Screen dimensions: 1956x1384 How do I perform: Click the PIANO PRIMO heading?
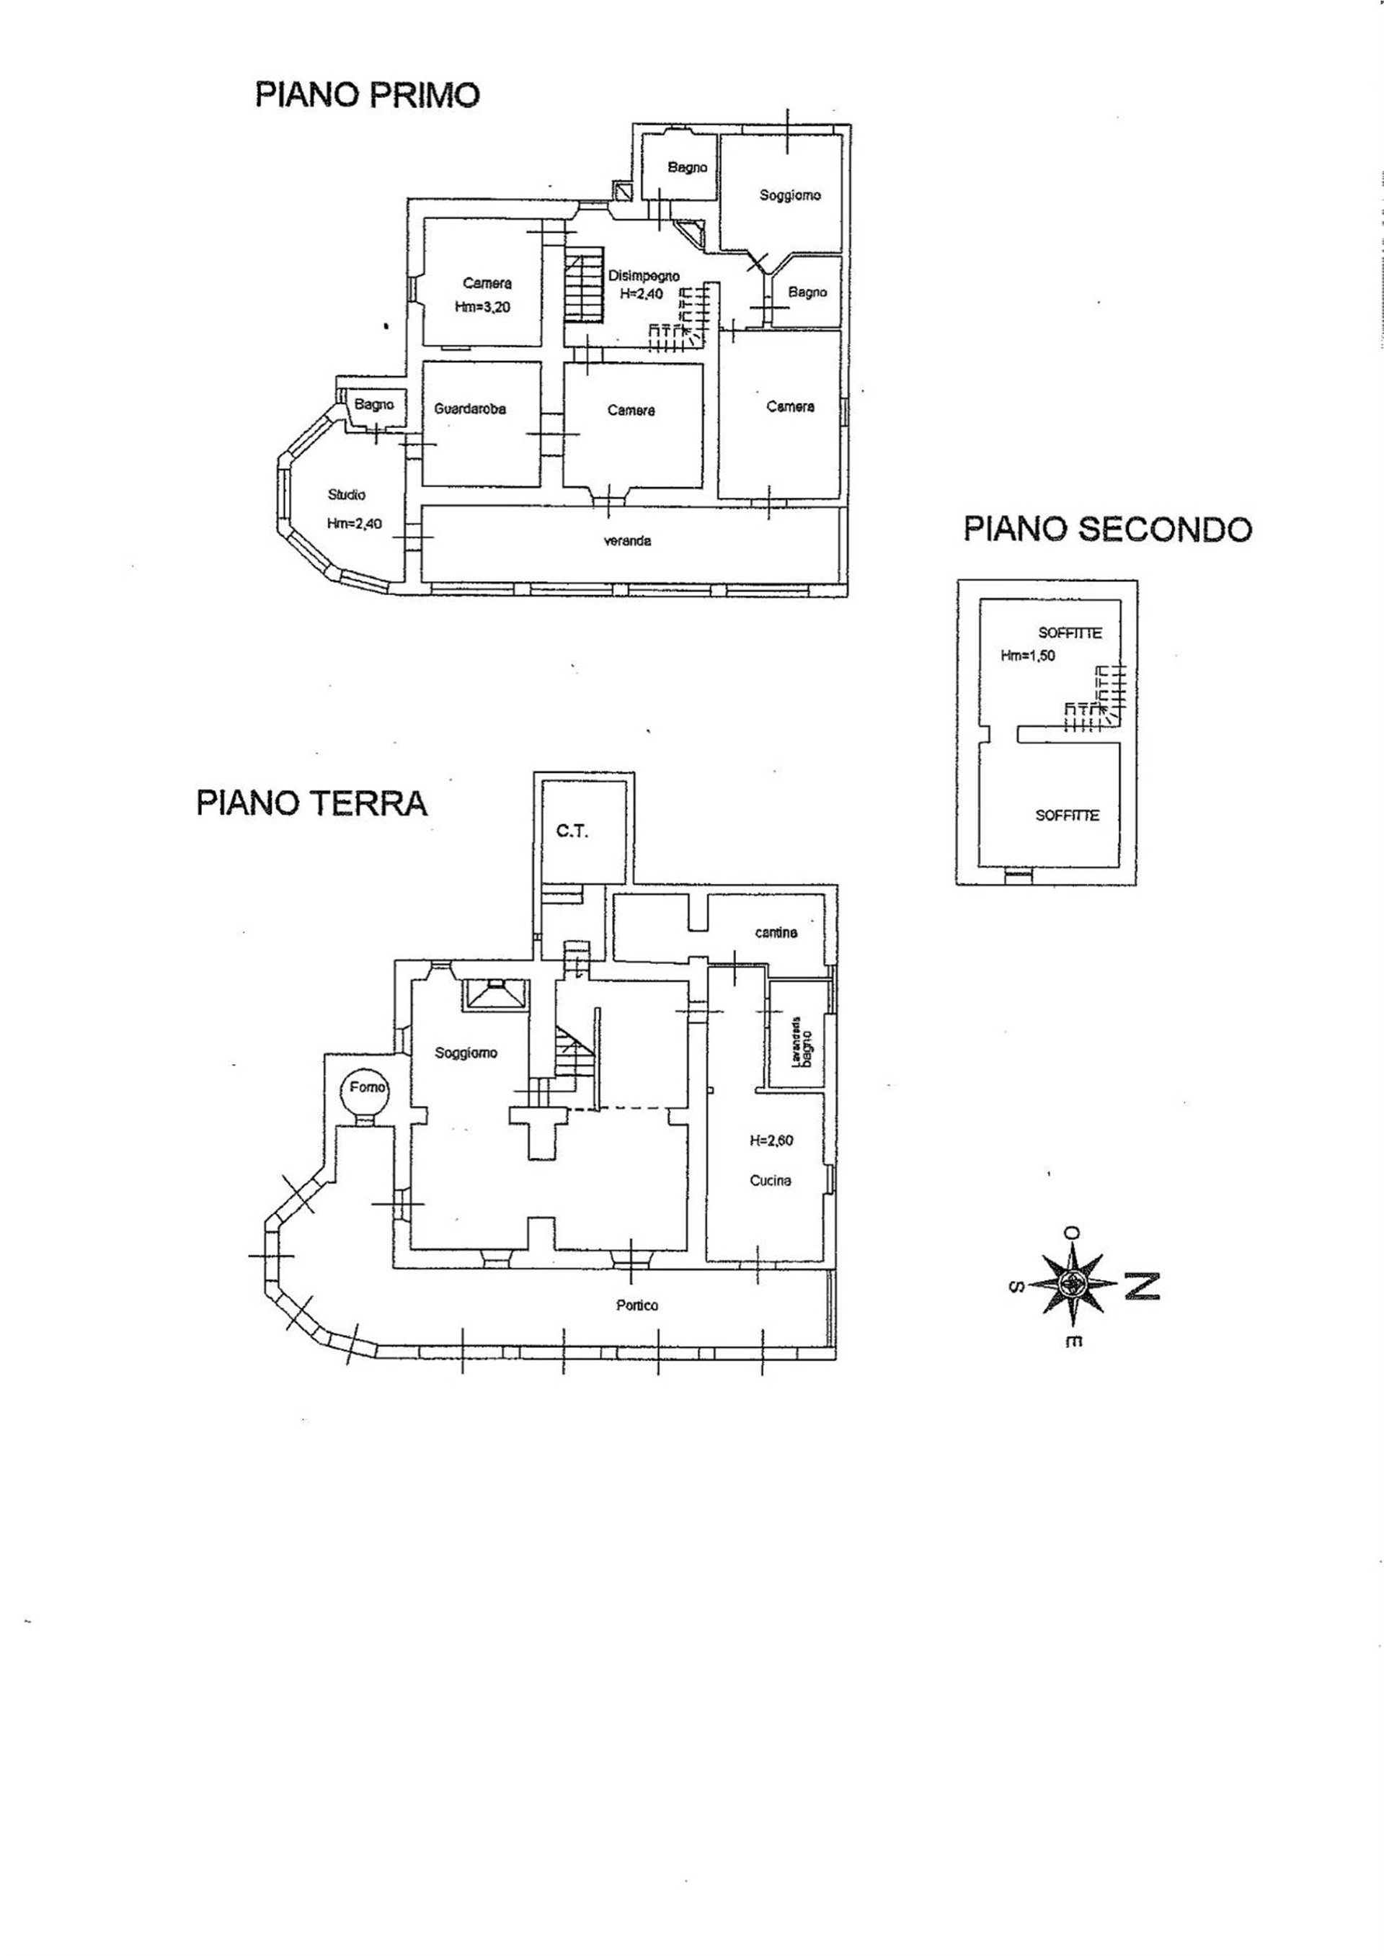coord(368,94)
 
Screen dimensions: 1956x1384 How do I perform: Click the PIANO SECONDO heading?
coord(1107,529)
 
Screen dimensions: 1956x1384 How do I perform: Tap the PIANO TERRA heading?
coord(312,803)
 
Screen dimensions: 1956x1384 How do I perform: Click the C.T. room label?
coord(572,831)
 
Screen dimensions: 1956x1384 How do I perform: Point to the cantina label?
coord(776,933)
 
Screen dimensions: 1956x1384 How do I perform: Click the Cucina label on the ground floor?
coord(771,1180)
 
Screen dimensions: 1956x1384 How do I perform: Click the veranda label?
coord(627,541)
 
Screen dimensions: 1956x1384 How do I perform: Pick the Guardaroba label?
coord(469,409)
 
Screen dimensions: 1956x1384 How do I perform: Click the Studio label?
coord(347,494)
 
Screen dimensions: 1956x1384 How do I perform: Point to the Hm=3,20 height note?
coord(483,308)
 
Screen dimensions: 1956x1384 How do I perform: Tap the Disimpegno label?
coord(644,276)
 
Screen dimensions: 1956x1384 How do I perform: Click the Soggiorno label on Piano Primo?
coord(789,195)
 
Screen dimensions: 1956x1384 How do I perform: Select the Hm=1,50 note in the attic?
coord(1027,656)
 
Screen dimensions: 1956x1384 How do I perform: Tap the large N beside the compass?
coord(1141,1285)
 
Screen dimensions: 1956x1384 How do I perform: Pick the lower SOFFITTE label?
coord(1066,816)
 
